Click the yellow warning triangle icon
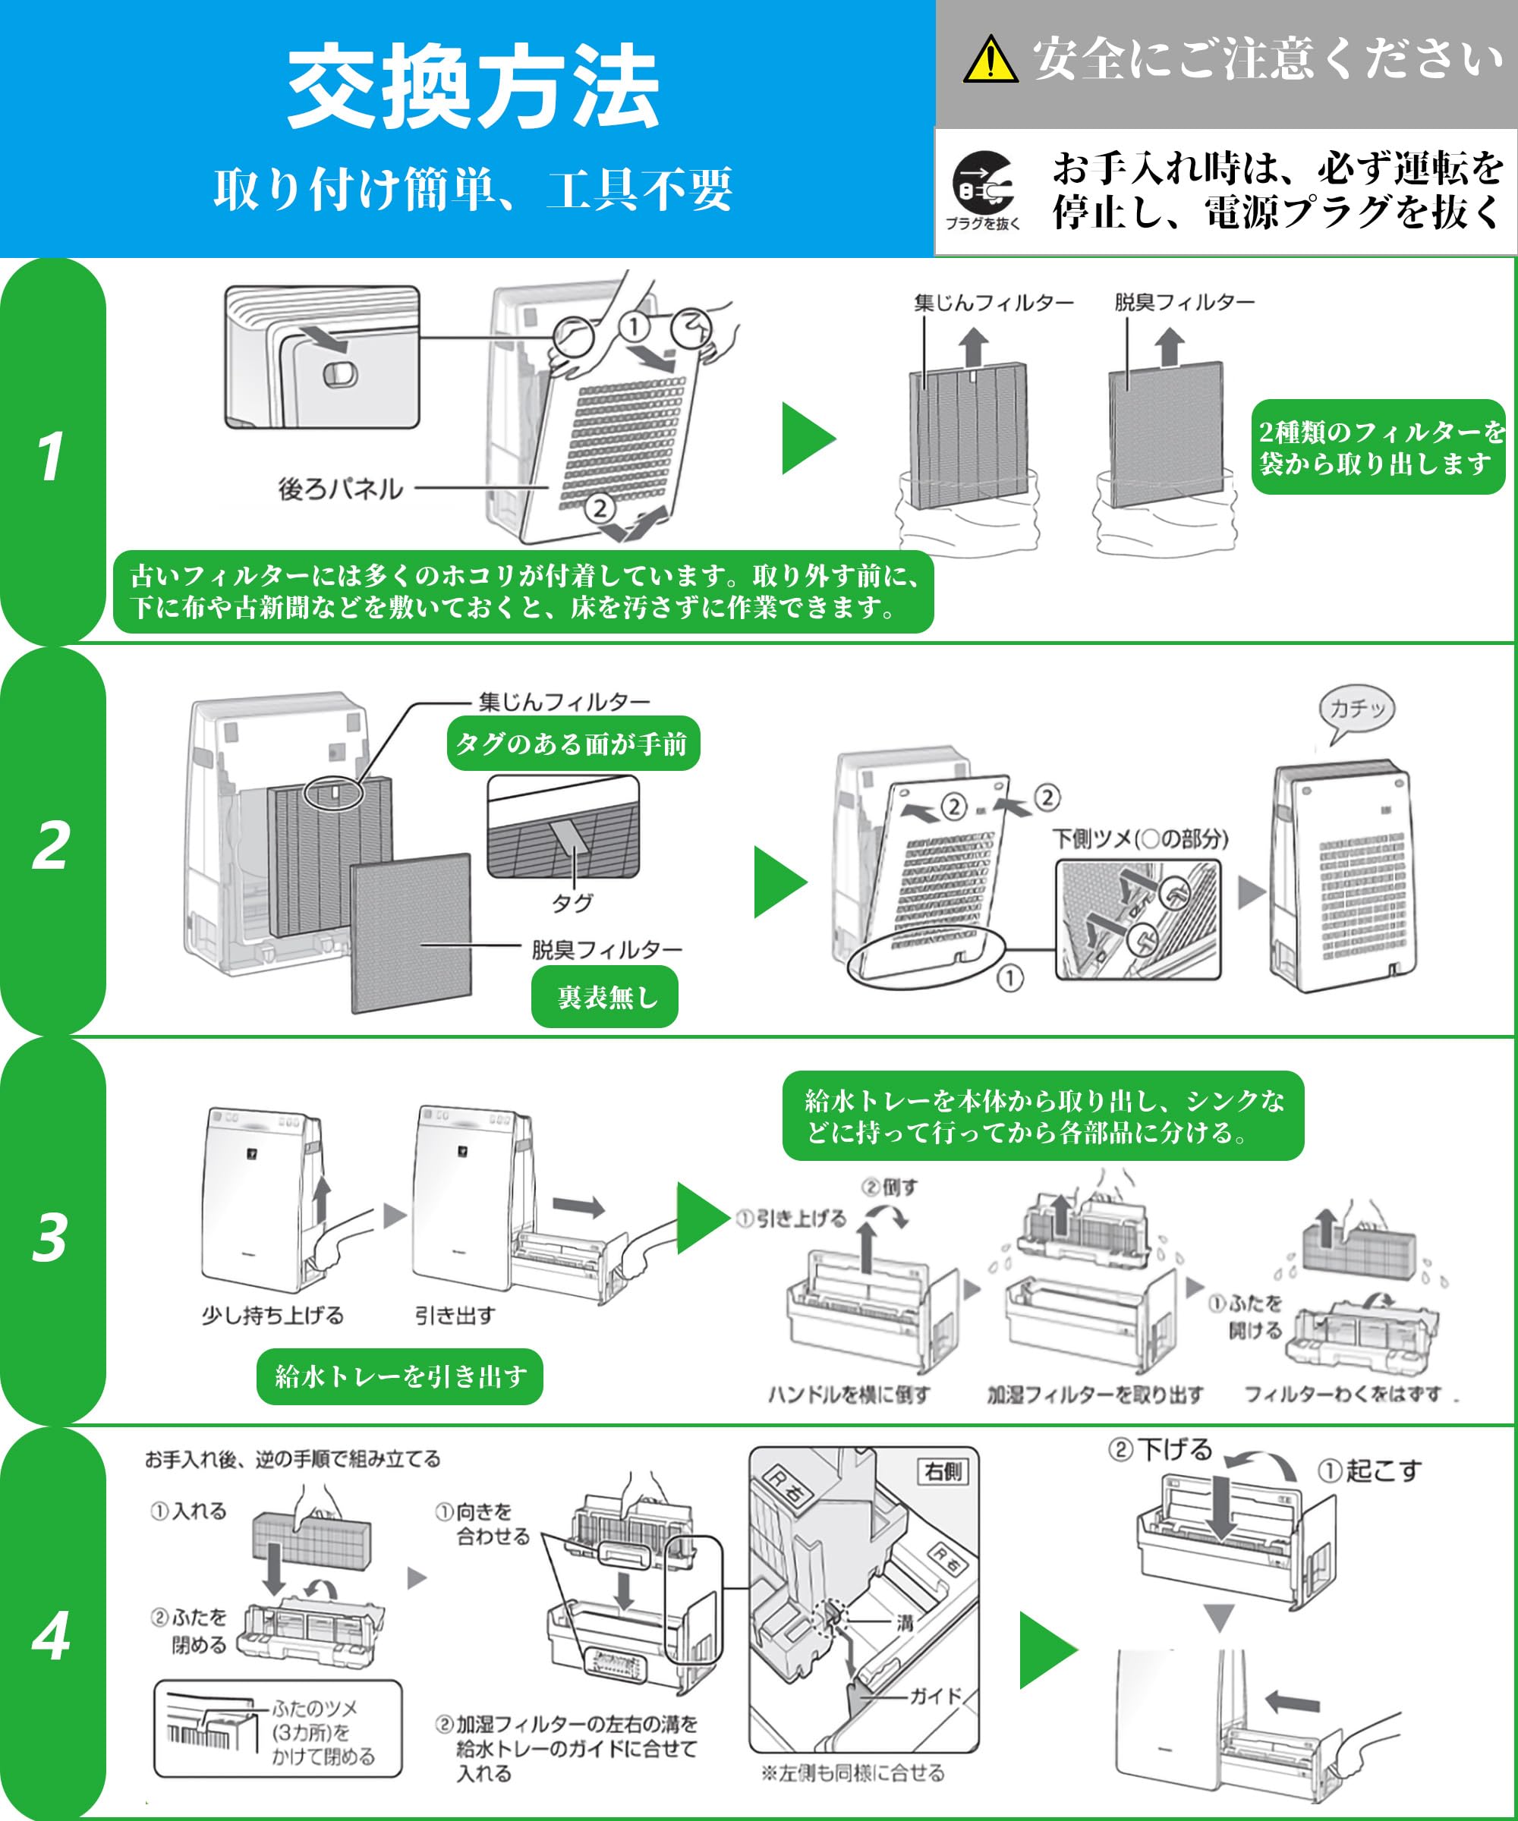(990, 61)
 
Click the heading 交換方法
(473, 86)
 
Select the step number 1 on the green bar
(51, 456)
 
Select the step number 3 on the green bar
(50, 1237)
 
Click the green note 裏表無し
(605, 997)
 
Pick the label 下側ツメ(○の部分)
(1140, 838)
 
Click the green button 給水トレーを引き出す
(400, 1376)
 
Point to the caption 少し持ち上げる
(272, 1316)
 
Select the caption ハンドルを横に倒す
(849, 1395)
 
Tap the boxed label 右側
(943, 1471)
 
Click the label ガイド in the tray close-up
(935, 1695)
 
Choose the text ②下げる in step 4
(1160, 1450)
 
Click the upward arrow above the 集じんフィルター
(974, 346)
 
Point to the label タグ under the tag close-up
(572, 904)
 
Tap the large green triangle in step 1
(808, 438)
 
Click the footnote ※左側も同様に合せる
(852, 1773)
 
